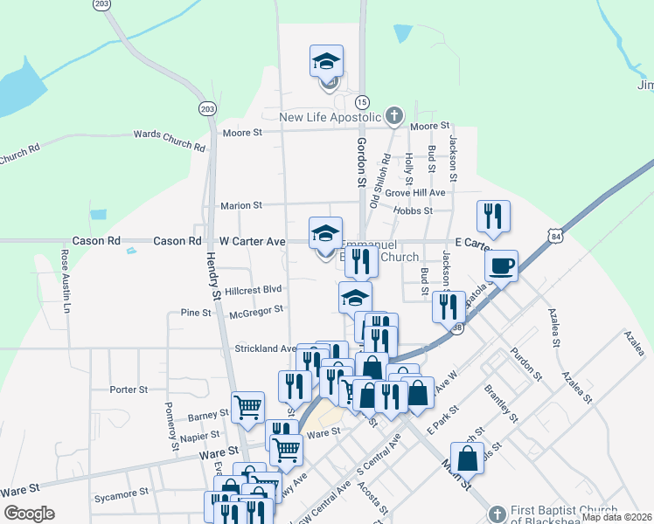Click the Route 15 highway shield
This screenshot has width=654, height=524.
pyautogui.click(x=362, y=102)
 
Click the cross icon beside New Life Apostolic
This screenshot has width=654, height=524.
pyautogui.click(x=394, y=115)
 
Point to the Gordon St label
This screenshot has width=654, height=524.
pyautogui.click(x=359, y=163)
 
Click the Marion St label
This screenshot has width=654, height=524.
pyautogui.click(x=241, y=205)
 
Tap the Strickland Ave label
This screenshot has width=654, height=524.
pyautogui.click(x=265, y=348)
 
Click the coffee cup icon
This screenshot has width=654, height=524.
pyautogui.click(x=501, y=265)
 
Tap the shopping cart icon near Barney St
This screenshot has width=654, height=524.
pyautogui.click(x=248, y=405)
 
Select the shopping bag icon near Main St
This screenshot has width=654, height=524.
pyautogui.click(x=470, y=457)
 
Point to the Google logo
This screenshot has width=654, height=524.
pyautogui.click(x=29, y=514)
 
